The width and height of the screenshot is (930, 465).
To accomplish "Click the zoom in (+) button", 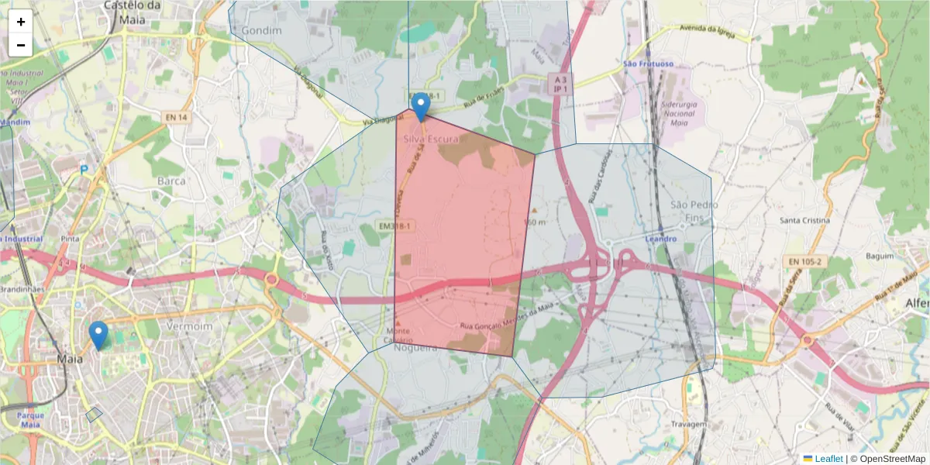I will pos(21,22).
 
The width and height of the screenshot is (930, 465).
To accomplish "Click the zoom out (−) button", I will pos(21,45).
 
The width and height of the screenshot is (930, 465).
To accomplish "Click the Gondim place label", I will pos(260,29).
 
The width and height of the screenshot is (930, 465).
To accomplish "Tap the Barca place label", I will pos(171,181).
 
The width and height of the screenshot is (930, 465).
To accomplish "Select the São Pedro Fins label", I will pos(694,210).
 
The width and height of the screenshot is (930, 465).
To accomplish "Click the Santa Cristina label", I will pos(804,220).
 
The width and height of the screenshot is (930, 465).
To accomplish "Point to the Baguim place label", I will pos(880,255).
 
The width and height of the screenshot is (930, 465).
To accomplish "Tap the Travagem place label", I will pos(689,425).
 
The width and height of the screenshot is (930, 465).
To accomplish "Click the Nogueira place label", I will pos(415,348).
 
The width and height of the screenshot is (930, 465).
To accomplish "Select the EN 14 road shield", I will pos(176,117).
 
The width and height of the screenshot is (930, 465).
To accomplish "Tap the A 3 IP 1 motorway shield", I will pos(558,84).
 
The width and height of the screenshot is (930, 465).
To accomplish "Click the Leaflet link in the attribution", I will pos(828,459).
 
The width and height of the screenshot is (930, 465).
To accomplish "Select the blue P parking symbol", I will pos(84,168).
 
